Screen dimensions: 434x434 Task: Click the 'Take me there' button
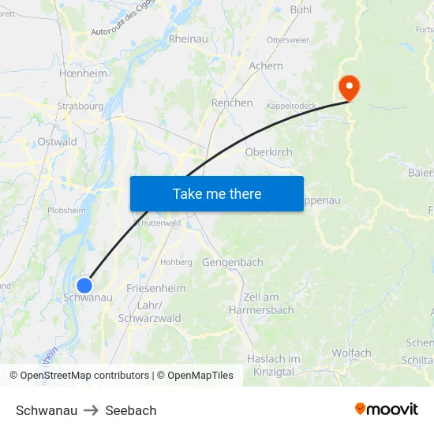click(x=216, y=193)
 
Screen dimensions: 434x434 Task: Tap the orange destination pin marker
click(x=348, y=88)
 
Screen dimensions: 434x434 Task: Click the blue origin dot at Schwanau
click(x=84, y=285)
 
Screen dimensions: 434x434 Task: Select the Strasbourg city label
click(x=80, y=106)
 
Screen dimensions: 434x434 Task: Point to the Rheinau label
click(x=188, y=39)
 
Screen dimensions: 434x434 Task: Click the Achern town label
click(x=265, y=65)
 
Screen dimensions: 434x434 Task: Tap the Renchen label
click(x=232, y=103)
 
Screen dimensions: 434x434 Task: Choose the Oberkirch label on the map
click(x=269, y=152)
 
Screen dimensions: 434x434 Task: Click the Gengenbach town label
click(x=232, y=262)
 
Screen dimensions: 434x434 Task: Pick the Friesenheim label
click(x=155, y=289)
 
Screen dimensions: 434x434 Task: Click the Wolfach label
click(x=351, y=353)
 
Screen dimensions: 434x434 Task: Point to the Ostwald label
click(x=58, y=142)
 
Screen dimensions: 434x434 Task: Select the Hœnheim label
click(x=83, y=73)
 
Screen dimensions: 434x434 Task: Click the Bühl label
click(x=301, y=9)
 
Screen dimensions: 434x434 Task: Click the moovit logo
click(x=387, y=410)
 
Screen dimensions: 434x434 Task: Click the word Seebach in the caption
click(x=131, y=410)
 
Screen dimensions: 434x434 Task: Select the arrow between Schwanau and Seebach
click(x=92, y=410)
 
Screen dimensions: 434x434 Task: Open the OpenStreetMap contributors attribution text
click(x=84, y=376)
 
